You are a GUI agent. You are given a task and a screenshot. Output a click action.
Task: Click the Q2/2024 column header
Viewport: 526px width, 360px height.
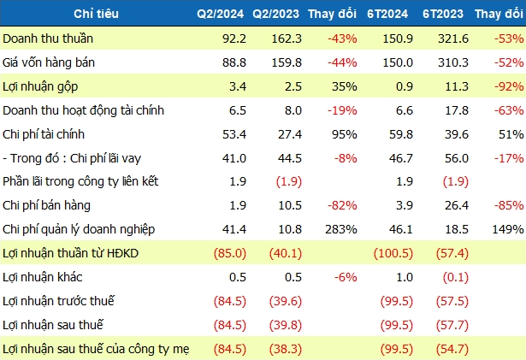tap(220, 14)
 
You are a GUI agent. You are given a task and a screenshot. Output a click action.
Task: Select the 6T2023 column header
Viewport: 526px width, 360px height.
tap(443, 14)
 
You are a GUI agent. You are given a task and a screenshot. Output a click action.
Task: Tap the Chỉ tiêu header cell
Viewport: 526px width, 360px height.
tap(96, 14)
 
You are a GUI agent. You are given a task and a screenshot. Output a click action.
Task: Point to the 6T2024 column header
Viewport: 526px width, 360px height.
tap(387, 14)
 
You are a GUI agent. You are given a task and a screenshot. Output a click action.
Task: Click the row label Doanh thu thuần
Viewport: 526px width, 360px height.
tap(48, 38)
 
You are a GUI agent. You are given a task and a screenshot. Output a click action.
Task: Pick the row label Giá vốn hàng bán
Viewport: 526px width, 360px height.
tap(49, 62)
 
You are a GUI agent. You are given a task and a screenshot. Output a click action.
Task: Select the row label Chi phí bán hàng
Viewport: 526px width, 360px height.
tap(46, 205)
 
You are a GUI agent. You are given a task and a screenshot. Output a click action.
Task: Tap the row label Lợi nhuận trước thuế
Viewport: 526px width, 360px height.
tap(58, 301)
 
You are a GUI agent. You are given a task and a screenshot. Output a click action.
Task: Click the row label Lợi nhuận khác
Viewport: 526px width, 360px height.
tap(42, 277)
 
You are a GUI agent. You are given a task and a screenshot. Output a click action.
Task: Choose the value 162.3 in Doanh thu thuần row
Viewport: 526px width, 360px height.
tap(287, 38)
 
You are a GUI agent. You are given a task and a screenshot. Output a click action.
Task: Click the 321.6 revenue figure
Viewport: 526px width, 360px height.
tap(452, 38)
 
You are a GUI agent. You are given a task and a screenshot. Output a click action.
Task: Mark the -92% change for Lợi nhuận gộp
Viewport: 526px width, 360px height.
tap(509, 86)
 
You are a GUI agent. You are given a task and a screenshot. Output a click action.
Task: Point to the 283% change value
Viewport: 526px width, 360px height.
tap(341, 229)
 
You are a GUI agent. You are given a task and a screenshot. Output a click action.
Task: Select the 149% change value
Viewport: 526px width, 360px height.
tap(508, 229)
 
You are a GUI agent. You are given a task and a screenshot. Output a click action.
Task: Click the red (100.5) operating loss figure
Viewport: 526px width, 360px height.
tap(393, 253)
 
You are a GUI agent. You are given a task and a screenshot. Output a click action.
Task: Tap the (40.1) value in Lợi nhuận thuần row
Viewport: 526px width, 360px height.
tap(286, 253)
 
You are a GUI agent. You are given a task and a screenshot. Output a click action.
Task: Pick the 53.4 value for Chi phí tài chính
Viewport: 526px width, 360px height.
tap(234, 134)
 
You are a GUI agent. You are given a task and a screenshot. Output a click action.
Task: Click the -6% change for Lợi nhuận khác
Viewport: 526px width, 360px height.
tap(346, 277)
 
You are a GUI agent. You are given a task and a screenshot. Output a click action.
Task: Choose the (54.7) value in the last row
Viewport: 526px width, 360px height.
tap(452, 349)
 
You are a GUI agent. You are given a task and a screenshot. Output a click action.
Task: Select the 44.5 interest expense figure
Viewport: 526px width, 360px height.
tap(289, 158)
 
